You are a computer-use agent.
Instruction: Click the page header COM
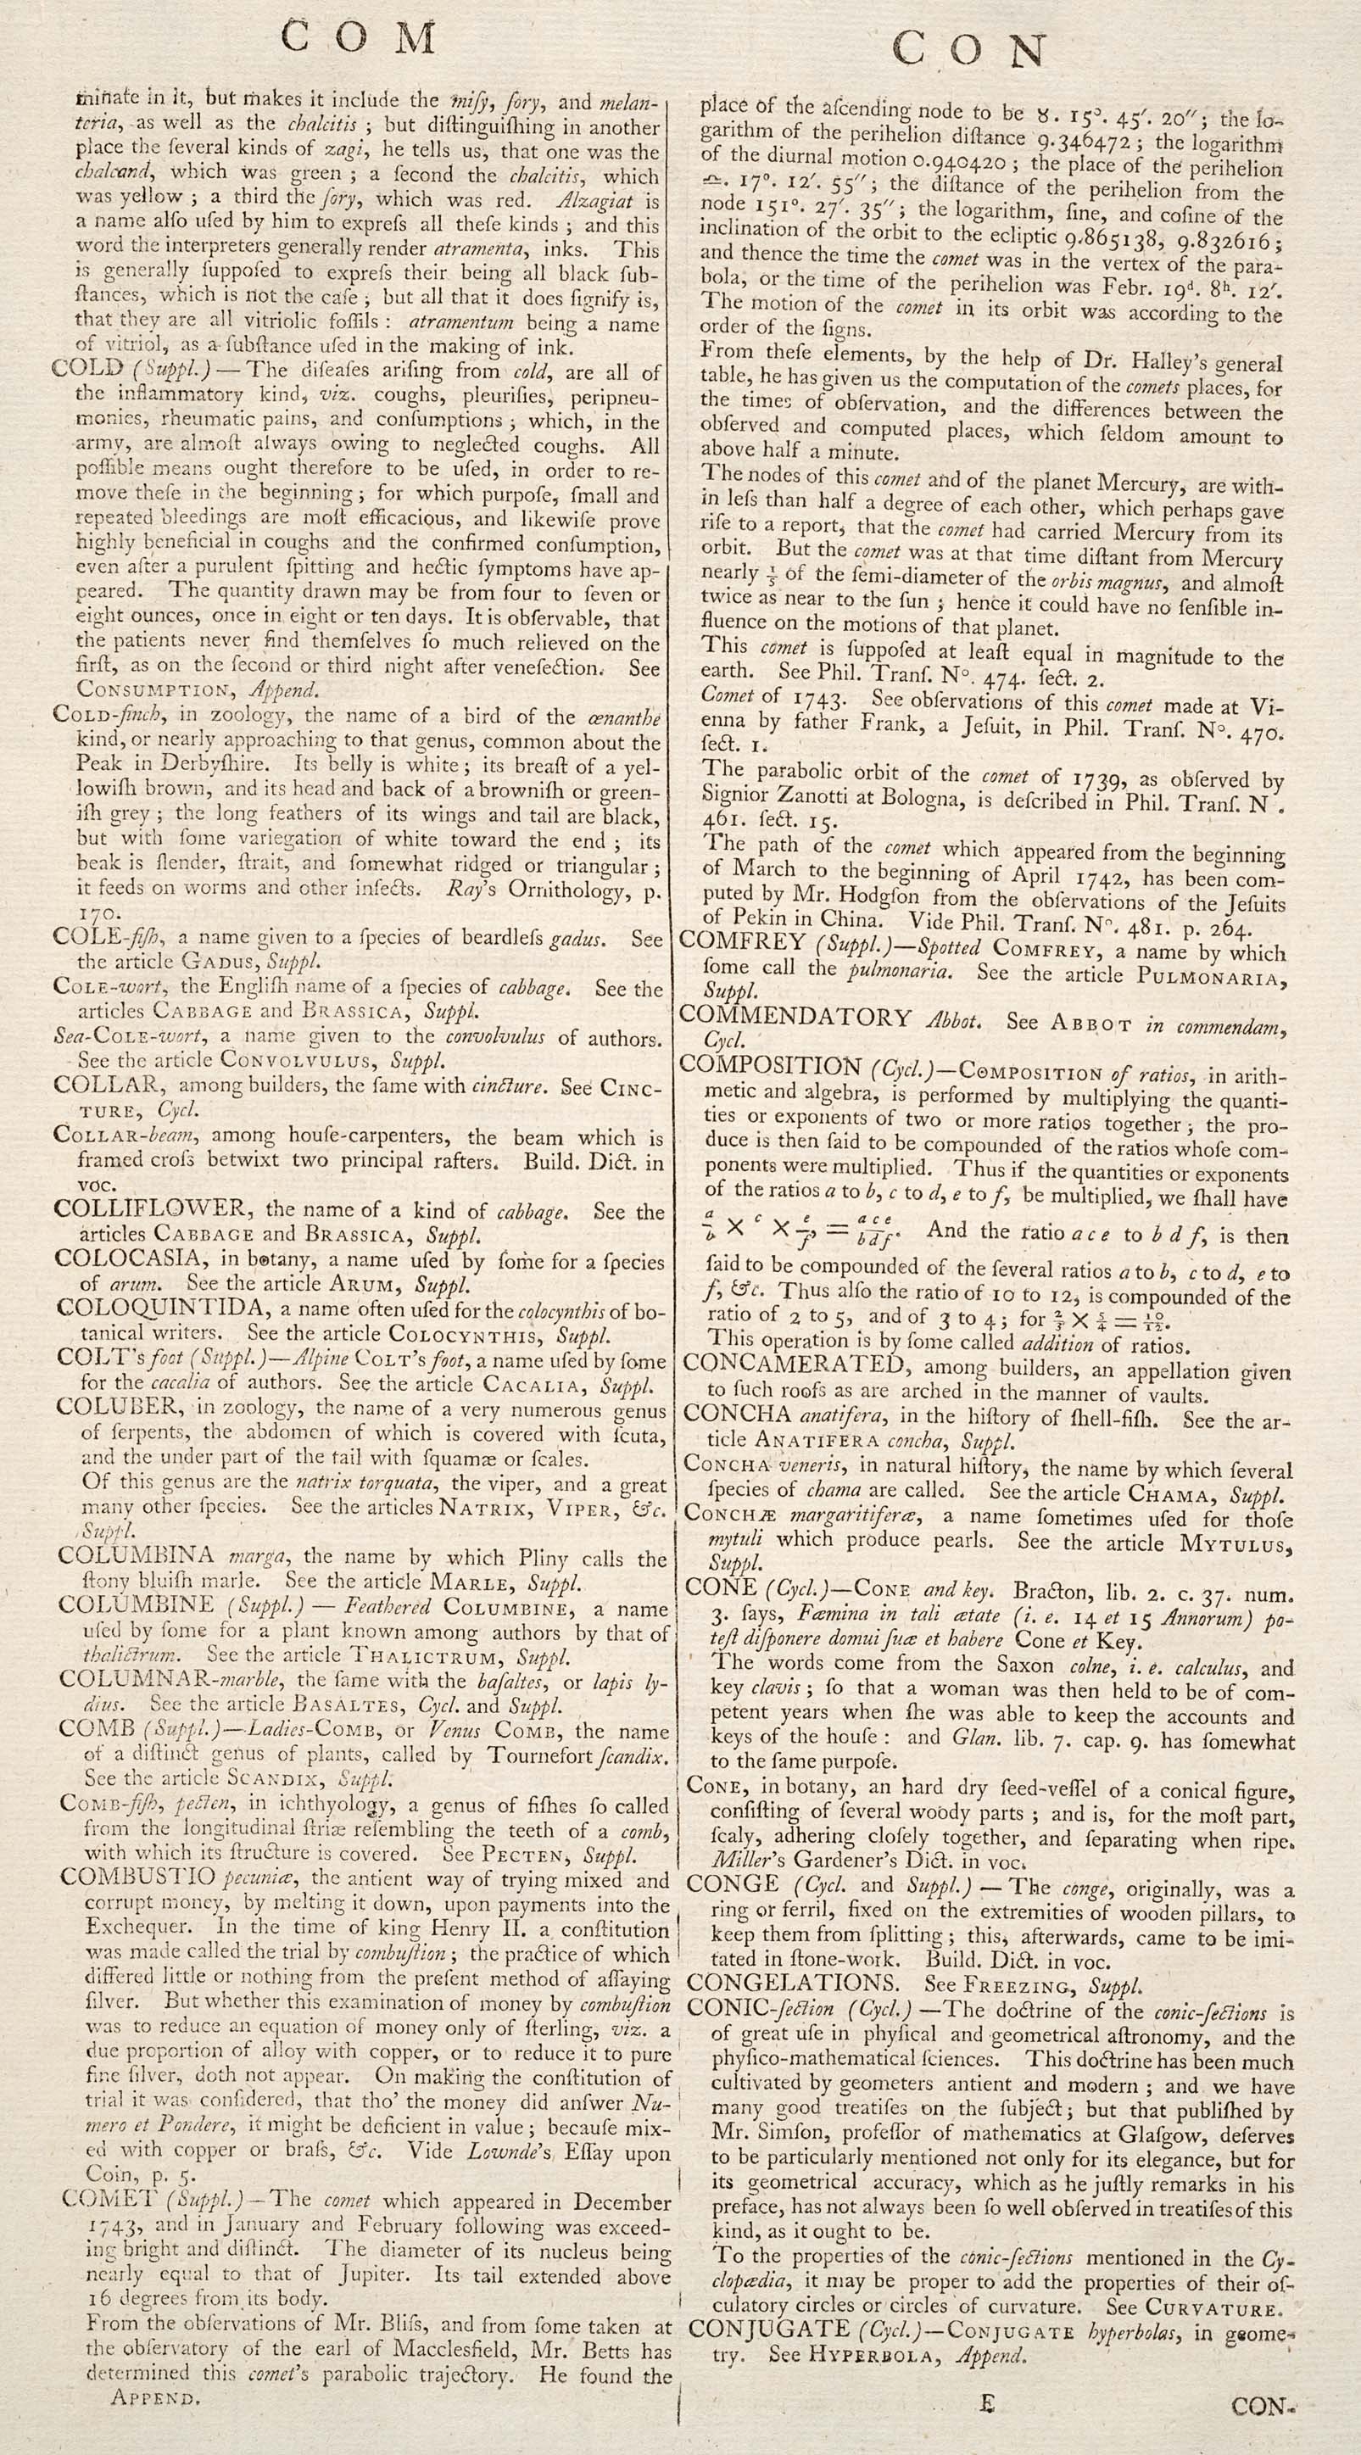point(360,38)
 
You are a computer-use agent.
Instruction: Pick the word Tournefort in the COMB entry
point(549,1755)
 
